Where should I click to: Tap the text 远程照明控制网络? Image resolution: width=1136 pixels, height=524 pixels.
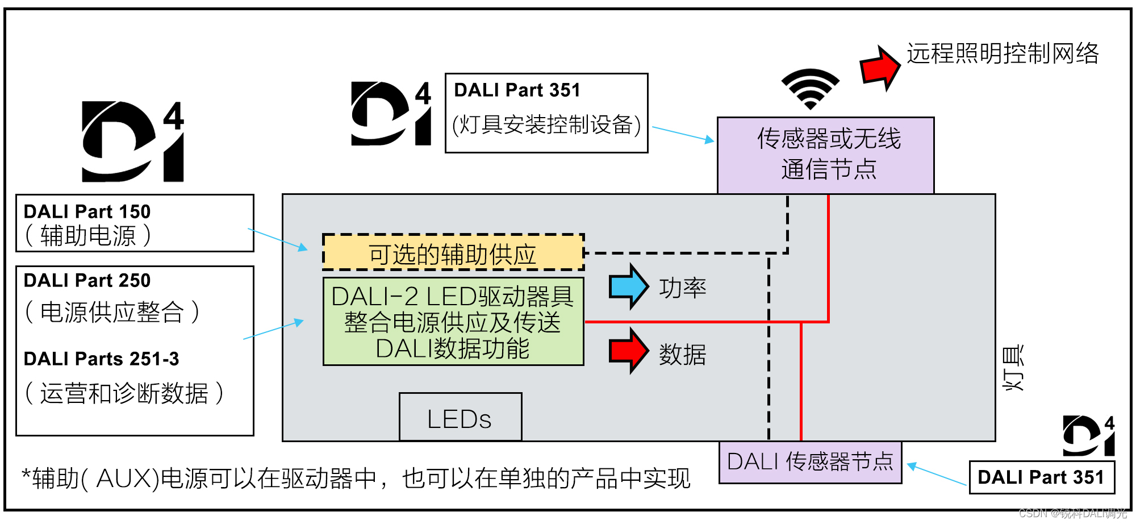point(1003,53)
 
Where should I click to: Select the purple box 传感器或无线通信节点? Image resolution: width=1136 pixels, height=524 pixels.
point(825,155)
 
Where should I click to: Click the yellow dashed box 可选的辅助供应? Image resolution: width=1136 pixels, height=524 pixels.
point(453,253)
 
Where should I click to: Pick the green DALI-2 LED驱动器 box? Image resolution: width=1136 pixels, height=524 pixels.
point(453,322)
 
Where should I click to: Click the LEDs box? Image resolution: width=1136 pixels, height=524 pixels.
point(460,418)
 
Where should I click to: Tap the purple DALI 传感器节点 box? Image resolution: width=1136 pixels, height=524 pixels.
point(810,462)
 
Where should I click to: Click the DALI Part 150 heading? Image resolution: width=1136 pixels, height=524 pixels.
point(87,211)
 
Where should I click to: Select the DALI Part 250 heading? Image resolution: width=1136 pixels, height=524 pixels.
point(87,280)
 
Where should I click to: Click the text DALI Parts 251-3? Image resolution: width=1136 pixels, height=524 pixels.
point(101,359)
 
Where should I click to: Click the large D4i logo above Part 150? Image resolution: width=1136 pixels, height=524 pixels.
point(132,142)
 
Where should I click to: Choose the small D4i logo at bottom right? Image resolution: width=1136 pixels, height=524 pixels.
point(1088,436)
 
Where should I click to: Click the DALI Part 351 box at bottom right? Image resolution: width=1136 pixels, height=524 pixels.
point(1041,477)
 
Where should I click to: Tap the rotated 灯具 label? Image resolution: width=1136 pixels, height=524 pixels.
point(1013,368)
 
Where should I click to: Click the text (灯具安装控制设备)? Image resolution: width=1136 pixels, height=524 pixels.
point(546,124)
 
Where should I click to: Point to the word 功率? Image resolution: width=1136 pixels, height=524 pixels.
point(682,288)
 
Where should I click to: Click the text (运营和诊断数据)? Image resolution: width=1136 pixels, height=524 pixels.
point(124,393)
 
